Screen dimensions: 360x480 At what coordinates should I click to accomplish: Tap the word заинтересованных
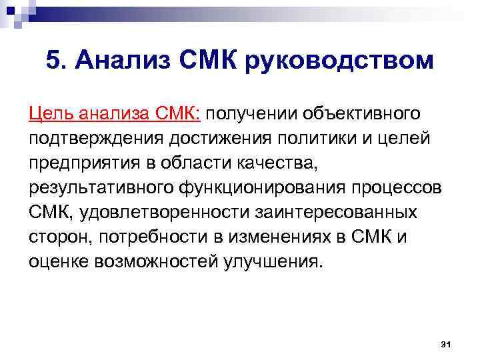tap(340, 212)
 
